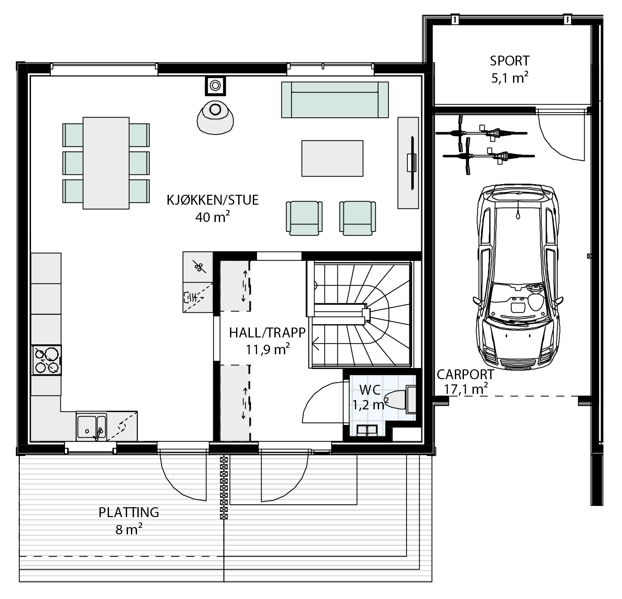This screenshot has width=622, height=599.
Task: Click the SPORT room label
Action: [x=510, y=61]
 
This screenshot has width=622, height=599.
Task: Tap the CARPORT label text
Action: [x=465, y=374]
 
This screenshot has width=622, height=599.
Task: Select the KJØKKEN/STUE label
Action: [x=212, y=200]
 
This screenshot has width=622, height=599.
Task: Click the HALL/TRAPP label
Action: [x=267, y=333]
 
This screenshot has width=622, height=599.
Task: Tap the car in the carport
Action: [x=518, y=277]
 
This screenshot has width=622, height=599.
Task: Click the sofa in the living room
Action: [x=335, y=100]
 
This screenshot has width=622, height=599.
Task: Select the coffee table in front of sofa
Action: [x=333, y=158]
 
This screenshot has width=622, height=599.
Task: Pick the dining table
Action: [x=106, y=163]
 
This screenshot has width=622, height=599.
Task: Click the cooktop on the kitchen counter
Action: [x=47, y=360]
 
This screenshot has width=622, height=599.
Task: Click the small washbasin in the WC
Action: [x=367, y=430]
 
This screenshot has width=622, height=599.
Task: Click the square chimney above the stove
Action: [x=215, y=86]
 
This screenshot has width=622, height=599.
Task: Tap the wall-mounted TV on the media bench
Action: [x=412, y=163]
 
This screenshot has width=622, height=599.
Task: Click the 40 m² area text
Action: [x=212, y=217]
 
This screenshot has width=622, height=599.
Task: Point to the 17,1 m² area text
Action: [x=466, y=389]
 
